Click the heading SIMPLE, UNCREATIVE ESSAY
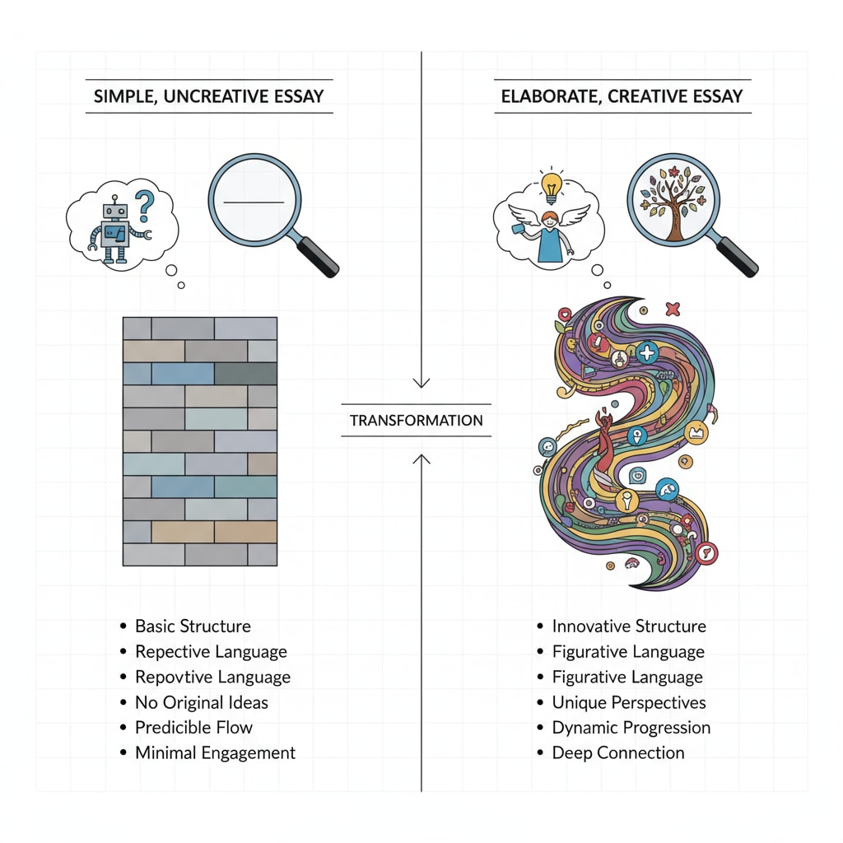click(209, 96)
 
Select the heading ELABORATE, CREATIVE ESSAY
click(622, 96)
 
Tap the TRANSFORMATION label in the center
click(416, 420)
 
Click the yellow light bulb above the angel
click(551, 184)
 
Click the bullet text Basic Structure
click(193, 626)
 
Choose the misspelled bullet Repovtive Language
click(212, 678)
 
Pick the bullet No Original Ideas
click(202, 703)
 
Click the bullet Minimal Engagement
click(215, 753)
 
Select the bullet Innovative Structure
click(629, 626)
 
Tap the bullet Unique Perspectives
click(629, 703)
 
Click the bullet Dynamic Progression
click(631, 729)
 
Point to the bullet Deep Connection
click(618, 753)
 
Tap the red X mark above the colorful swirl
click(673, 309)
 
